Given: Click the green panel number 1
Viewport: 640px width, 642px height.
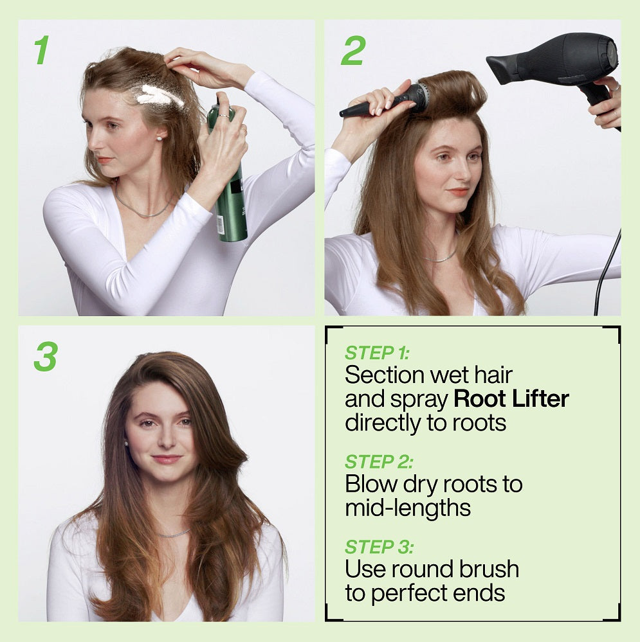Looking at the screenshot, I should (41, 49).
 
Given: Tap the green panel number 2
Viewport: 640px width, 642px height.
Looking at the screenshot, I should (352, 51).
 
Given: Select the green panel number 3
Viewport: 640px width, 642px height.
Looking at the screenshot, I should (46, 356).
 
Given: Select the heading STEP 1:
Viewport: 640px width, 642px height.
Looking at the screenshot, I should (377, 353).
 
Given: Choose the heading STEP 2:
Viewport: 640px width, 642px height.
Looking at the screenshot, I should (379, 461).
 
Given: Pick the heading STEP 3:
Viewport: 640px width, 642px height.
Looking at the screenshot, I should (379, 547).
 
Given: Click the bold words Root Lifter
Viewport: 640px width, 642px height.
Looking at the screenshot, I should (511, 398).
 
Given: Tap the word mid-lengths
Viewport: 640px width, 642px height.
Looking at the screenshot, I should (408, 508).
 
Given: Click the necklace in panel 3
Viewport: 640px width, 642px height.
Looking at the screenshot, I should (173, 533).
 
